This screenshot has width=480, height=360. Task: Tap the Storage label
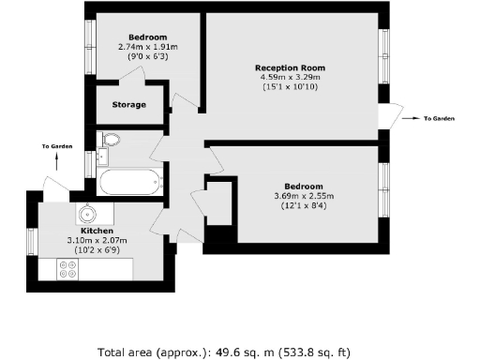128,104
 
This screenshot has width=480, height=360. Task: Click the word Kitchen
97,231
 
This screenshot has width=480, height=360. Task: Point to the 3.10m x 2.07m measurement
97,240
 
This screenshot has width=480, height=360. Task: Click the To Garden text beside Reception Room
439,119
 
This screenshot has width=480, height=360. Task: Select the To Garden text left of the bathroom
57,146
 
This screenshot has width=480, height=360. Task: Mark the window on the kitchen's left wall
31,241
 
